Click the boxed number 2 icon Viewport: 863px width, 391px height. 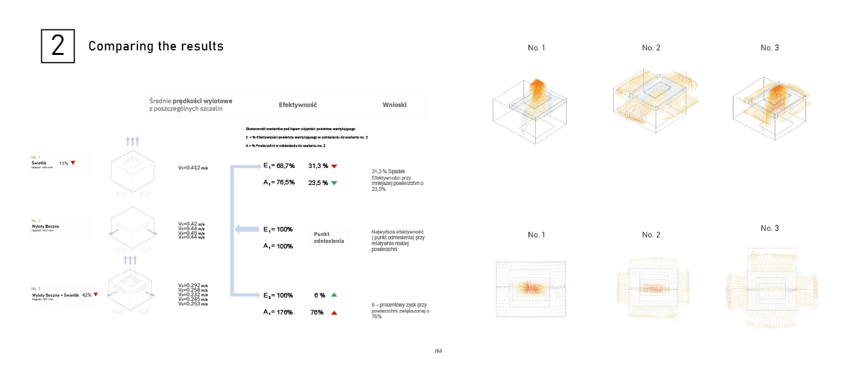58,46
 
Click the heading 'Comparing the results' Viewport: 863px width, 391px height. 156,46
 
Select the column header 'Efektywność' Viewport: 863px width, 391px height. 298,105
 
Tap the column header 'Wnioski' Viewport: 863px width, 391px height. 395,105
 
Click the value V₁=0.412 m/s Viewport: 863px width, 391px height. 193,168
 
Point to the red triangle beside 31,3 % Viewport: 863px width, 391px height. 334,166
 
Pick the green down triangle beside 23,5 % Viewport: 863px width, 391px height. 334,183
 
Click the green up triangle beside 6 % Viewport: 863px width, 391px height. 334,296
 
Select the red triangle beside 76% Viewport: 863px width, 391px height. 334,313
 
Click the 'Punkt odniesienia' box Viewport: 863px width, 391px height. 329,237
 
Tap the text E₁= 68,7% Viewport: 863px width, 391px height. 279,166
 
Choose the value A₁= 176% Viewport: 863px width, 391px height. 278,313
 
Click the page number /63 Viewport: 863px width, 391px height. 438,351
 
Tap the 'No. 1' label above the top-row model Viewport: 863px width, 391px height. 537,48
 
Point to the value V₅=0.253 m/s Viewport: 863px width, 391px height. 193,304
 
